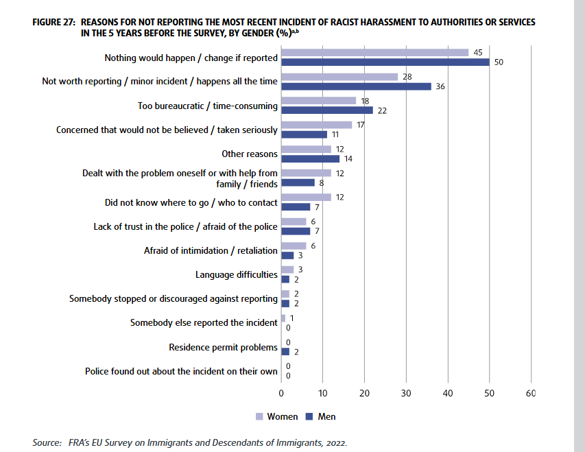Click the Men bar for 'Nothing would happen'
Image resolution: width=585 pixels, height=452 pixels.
[385, 62]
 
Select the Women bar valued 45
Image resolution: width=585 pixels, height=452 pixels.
[375, 52]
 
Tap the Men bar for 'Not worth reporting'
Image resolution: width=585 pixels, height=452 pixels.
[357, 86]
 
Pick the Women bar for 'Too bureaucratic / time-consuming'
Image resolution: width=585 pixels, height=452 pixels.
[319, 101]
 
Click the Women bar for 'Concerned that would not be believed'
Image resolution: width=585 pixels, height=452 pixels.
[317, 125]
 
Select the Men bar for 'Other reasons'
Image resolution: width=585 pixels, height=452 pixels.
[311, 158]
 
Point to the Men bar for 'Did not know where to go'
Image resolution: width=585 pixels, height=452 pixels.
[296, 207]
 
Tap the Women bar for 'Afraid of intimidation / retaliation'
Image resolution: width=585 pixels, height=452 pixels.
[294, 246]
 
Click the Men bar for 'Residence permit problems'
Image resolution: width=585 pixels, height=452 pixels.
[285, 352]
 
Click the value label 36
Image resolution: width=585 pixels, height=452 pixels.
[440, 86]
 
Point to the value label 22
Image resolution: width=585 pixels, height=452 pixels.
[383, 110]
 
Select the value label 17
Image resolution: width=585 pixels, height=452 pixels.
[361, 125]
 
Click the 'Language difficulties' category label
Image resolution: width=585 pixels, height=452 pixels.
[237, 274]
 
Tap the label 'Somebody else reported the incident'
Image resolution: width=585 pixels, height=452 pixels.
[204, 322]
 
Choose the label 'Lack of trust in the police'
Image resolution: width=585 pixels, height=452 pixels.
[186, 226]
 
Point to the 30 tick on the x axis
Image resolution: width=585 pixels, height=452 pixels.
[406, 394]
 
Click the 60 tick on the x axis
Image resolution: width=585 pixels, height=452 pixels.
[530, 394]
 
